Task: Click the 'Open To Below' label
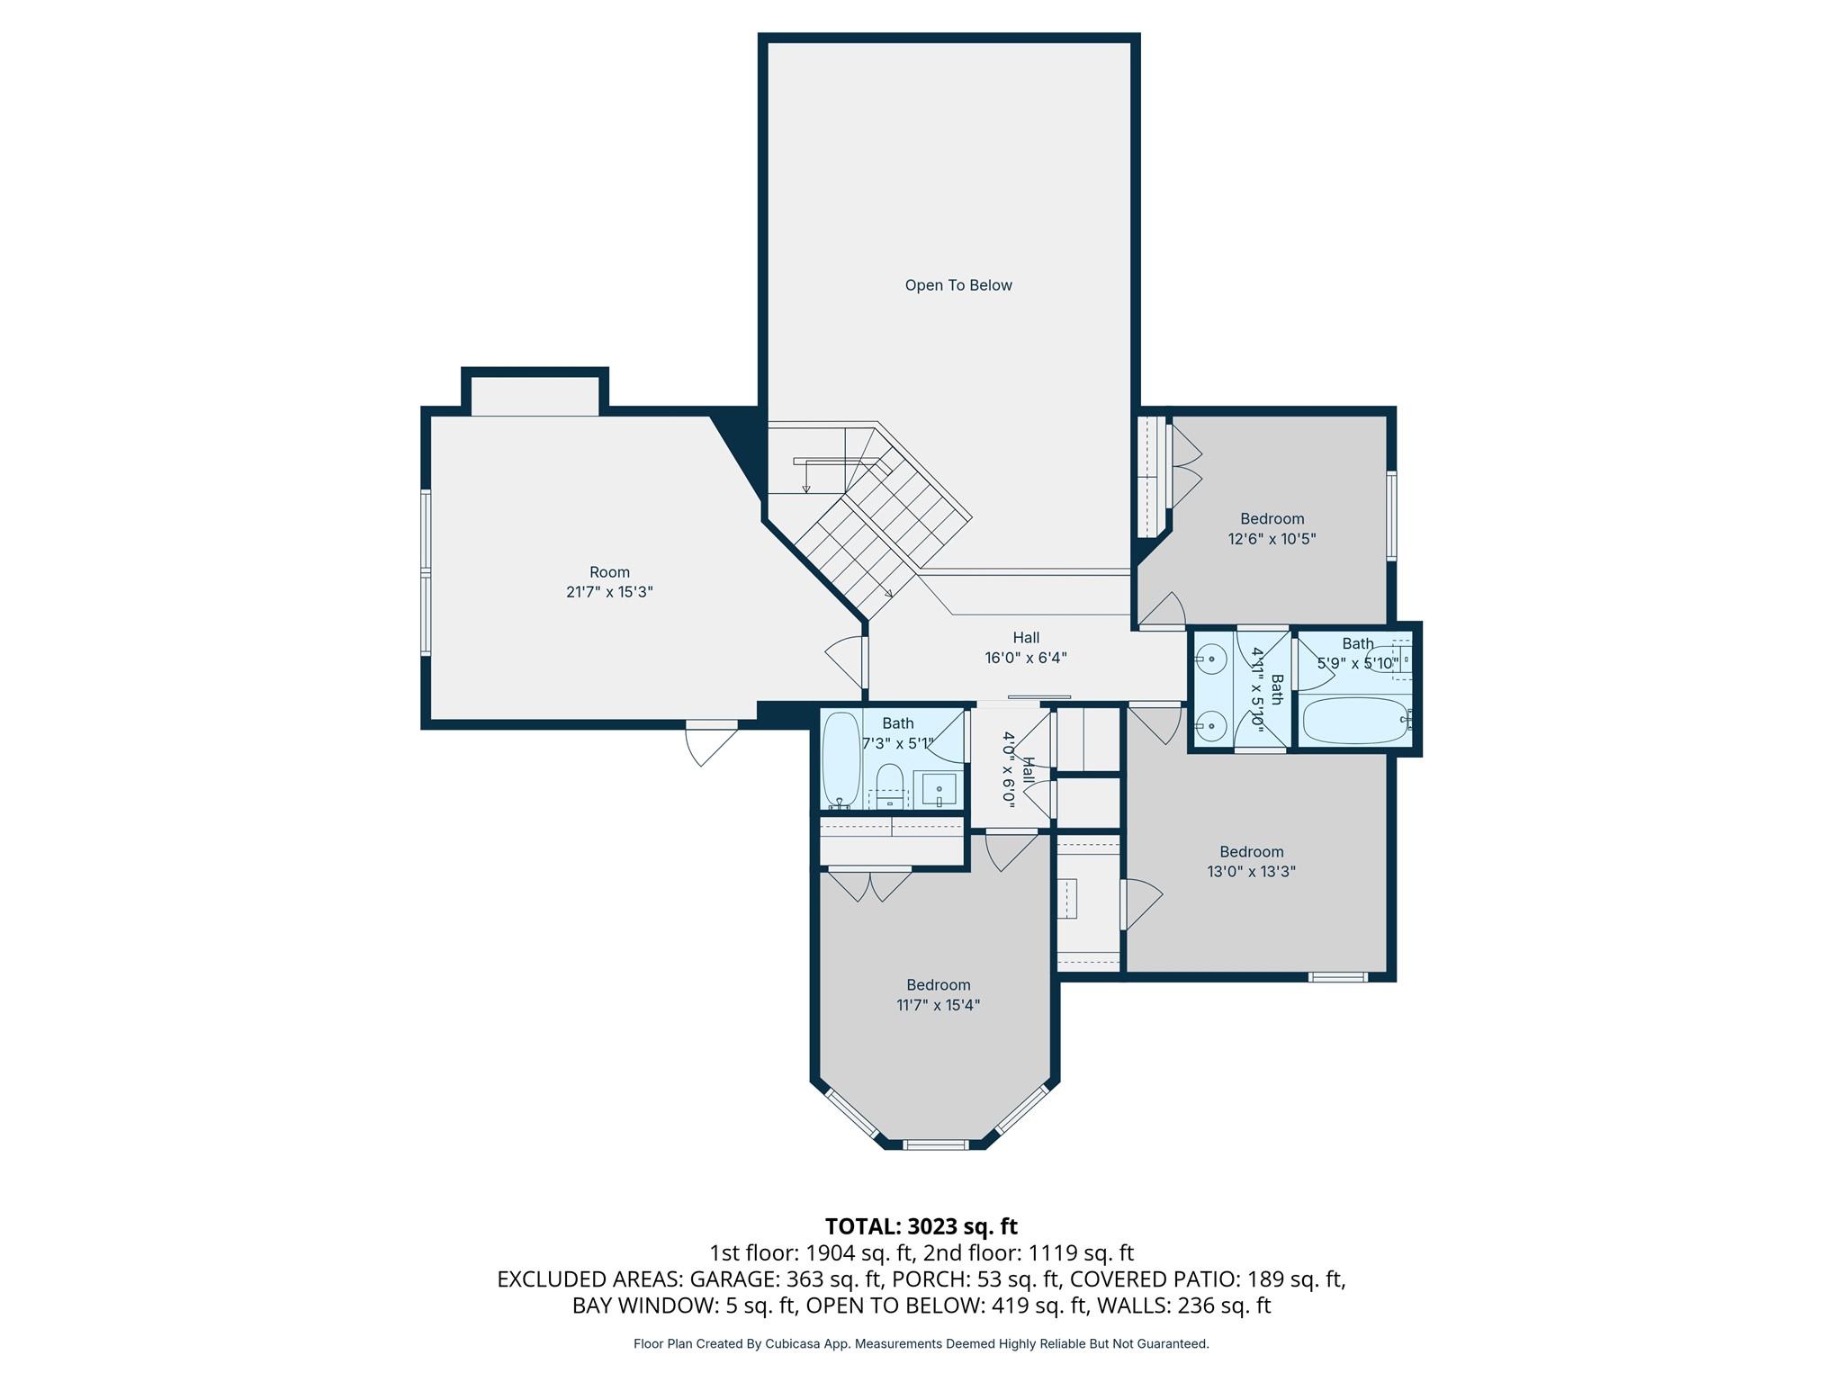(x=958, y=285)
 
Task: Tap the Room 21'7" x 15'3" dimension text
(x=609, y=592)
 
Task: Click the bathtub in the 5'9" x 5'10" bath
(x=1353, y=721)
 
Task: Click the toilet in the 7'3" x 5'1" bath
(x=889, y=783)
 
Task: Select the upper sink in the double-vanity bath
(x=1212, y=660)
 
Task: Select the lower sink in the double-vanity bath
(x=1212, y=724)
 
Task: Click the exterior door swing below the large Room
(x=710, y=743)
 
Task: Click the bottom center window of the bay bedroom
(x=936, y=1144)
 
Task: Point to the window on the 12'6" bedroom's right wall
(x=1391, y=516)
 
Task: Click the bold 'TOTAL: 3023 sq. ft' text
(x=921, y=1226)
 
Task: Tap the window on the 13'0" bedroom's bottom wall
(x=1338, y=976)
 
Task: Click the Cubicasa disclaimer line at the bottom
(x=921, y=1343)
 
